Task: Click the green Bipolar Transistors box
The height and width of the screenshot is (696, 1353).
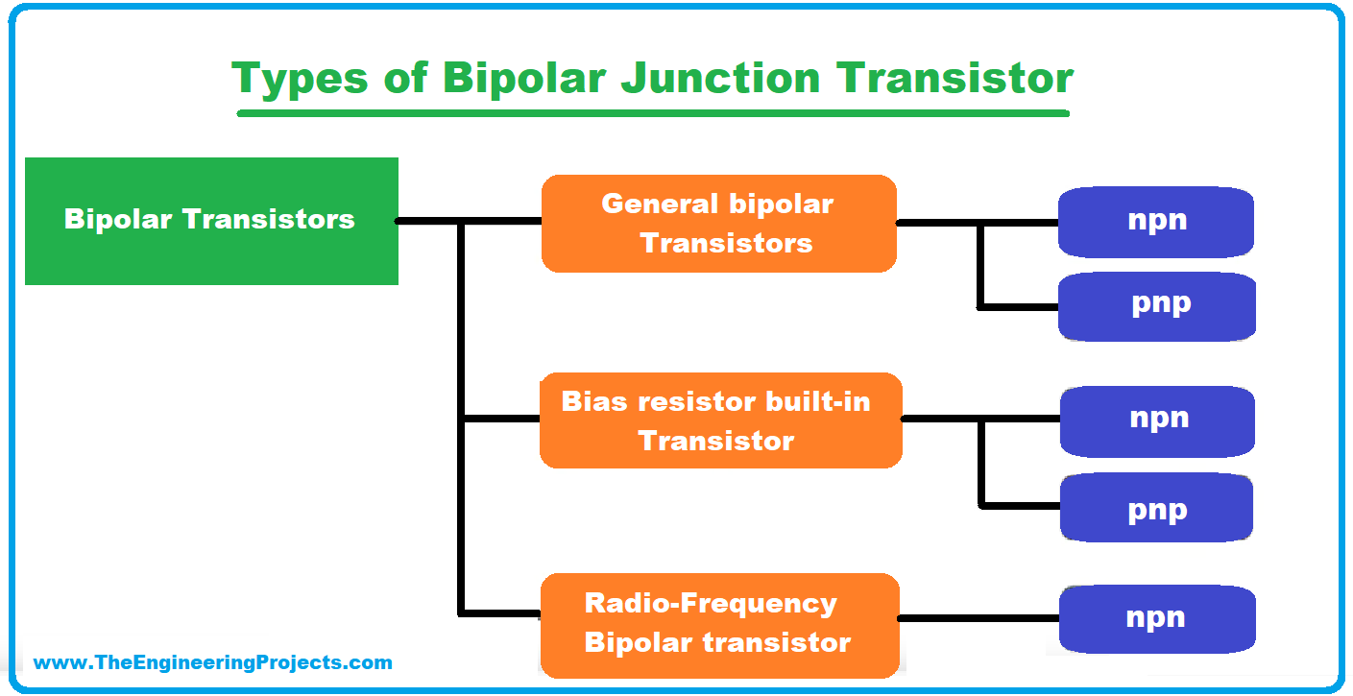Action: [x=211, y=221]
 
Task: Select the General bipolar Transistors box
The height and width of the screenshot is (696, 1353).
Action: [x=719, y=224]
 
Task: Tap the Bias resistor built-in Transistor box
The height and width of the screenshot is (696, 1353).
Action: [x=720, y=420]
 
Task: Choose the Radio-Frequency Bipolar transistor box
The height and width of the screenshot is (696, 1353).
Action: [x=720, y=625]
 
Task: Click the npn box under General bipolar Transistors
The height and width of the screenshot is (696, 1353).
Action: [x=1156, y=222]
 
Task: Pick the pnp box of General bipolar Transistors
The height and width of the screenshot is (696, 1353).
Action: [x=1157, y=306]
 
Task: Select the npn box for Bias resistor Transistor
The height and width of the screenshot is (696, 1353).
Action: [x=1157, y=421]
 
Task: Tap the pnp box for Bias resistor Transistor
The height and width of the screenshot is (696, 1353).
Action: [x=1157, y=507]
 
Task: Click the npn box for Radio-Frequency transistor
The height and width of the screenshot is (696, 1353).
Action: [x=1157, y=619]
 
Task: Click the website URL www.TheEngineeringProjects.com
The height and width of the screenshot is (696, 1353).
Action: [x=212, y=662]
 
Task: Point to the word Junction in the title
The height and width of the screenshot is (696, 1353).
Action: [x=720, y=78]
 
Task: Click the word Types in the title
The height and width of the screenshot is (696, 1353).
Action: [x=300, y=79]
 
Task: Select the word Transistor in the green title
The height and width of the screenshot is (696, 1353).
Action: [x=954, y=78]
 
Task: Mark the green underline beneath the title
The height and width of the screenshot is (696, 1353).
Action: [x=653, y=113]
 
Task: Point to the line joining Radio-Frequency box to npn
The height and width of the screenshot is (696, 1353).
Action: [x=979, y=618]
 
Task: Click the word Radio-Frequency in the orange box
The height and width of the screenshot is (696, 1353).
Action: [x=711, y=603]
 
